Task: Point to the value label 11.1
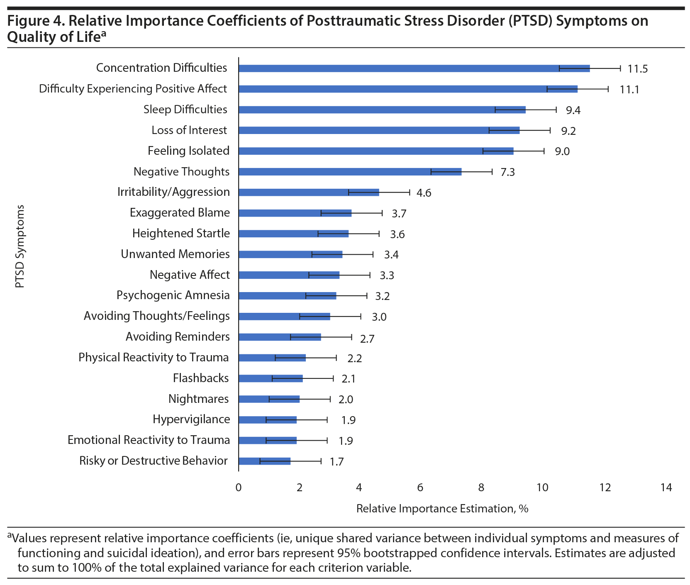[629, 89]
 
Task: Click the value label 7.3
[507, 172]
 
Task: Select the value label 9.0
[562, 151]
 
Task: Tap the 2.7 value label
[367, 339]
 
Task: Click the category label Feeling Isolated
[188, 151]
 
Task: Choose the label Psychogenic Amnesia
[173, 295]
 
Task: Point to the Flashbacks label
[201, 378]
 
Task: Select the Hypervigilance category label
[191, 419]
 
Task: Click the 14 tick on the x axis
[666, 487]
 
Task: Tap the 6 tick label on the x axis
[420, 487]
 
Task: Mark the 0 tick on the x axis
[239, 487]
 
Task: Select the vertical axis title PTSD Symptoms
[20, 246]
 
